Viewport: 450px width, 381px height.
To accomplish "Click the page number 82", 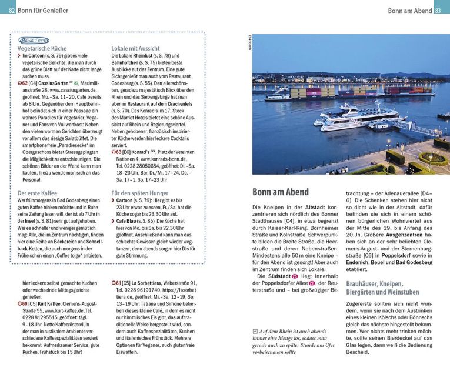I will click(12, 11).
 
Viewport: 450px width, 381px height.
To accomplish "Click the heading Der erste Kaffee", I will click(37, 192).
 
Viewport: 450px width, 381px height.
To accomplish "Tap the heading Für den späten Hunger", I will click(141, 192).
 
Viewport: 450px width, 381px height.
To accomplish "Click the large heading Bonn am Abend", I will click(280, 192).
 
